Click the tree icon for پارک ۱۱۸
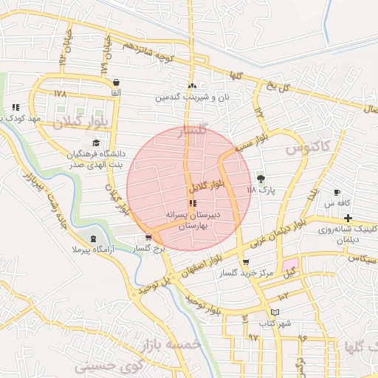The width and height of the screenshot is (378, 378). (x=260, y=178)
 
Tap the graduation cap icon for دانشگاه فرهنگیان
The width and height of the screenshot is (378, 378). (x=95, y=142)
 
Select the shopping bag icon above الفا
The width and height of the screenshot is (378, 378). (x=115, y=82)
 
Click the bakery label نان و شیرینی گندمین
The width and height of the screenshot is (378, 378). (x=191, y=97)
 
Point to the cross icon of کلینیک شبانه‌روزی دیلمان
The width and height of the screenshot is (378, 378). (x=347, y=218)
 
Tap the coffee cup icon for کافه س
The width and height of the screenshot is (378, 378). (x=337, y=192)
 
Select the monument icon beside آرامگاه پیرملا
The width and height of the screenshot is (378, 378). (x=93, y=238)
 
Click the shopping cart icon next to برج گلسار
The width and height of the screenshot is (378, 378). (x=149, y=238)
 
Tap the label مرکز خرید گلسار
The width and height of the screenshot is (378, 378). (x=246, y=273)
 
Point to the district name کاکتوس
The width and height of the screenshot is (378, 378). (x=303, y=149)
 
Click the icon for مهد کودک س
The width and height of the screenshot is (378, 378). (x=16, y=107)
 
